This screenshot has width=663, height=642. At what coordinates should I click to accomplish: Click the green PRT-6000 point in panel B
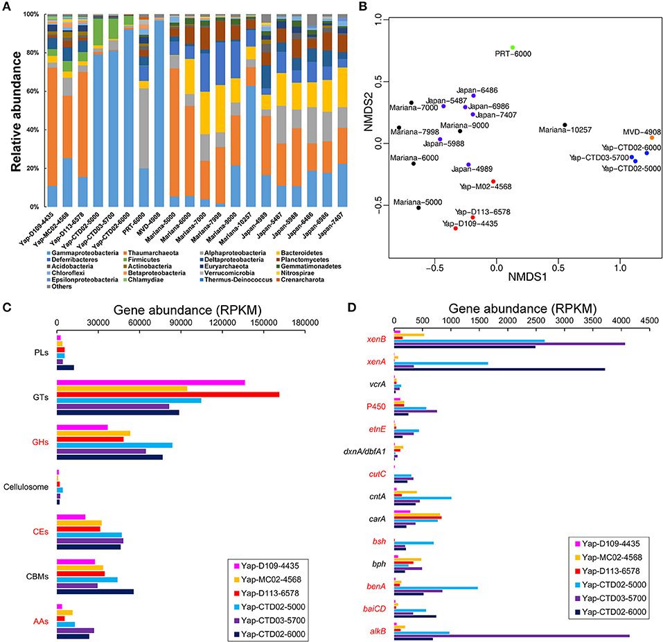pos(512,47)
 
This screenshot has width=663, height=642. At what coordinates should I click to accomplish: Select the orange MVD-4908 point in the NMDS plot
pos(651,138)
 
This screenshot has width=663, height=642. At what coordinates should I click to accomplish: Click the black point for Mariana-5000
pos(418,207)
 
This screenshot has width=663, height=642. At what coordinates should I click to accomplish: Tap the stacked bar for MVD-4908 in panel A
pos(159,111)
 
